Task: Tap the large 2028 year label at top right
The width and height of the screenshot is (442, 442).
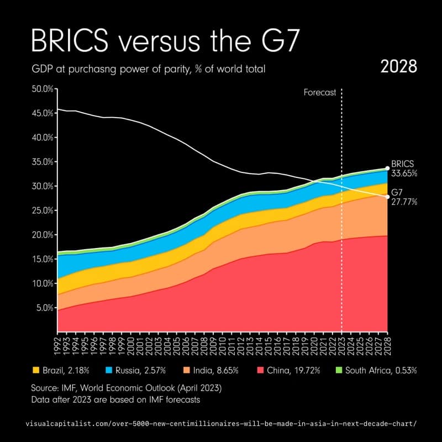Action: [x=398, y=67]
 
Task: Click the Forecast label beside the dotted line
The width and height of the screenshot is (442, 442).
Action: [x=320, y=93]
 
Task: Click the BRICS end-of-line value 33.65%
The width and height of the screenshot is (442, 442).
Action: [x=404, y=173]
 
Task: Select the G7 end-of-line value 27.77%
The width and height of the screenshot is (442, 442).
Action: [x=404, y=202]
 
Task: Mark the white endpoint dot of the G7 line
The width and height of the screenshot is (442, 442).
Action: [x=387, y=197]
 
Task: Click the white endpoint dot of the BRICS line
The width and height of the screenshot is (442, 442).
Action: [x=387, y=168]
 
